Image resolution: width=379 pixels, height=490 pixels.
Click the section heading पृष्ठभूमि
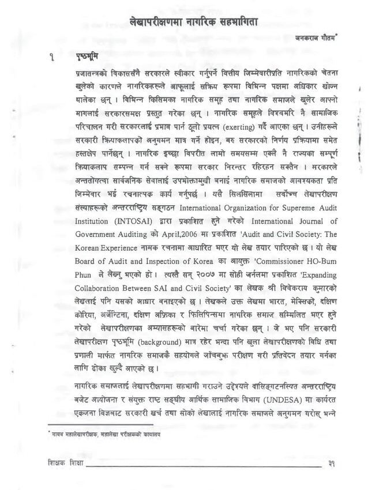click(x=87, y=58)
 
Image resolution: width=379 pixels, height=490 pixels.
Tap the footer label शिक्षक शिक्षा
click(x=65, y=463)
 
